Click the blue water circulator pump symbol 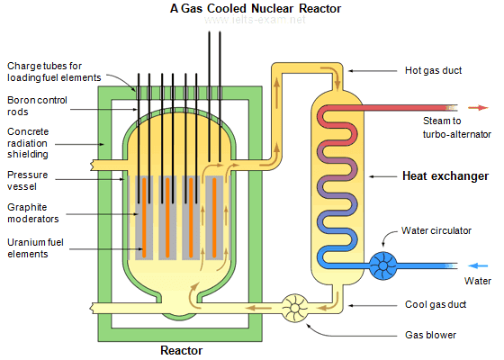[x=385, y=265]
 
